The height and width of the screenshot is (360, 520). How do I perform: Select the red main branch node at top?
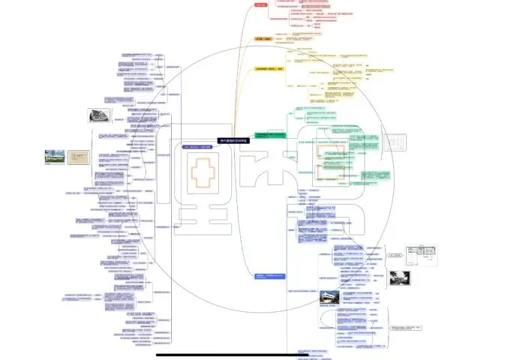[261, 5]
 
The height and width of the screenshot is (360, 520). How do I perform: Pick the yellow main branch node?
[270, 69]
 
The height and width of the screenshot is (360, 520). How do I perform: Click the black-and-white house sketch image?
[99, 115]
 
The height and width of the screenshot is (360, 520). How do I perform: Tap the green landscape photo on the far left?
[55, 157]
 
